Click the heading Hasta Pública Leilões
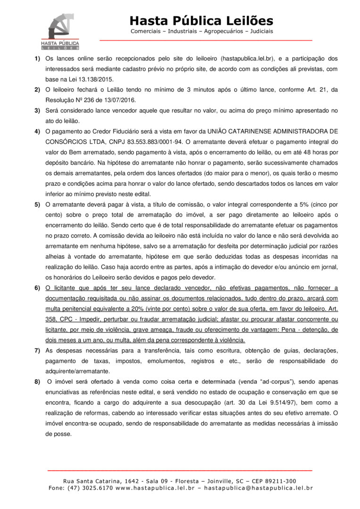[x=201, y=21]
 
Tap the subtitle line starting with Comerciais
[x=201, y=32]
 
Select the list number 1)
[x=37, y=59]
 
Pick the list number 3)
[x=37, y=110]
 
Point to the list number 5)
[x=37, y=205]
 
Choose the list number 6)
[x=37, y=287]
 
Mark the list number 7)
[x=37, y=351]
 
